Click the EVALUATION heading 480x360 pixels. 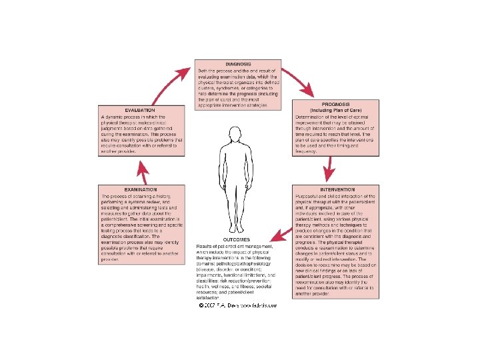tap(140, 110)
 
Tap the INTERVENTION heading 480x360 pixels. tap(337, 189)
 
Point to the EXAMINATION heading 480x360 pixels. tap(139, 190)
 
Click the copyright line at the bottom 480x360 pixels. tap(237, 305)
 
